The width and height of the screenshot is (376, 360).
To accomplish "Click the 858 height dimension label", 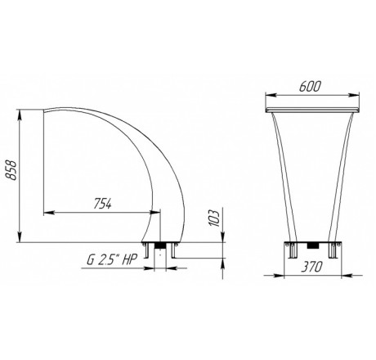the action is coord(11,170).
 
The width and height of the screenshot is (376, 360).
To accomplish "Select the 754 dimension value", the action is coord(103,204).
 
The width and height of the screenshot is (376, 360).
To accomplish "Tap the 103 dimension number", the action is coord(214,218).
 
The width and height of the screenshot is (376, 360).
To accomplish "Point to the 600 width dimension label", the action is coord(310,86).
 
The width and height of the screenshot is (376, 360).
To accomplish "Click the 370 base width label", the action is coord(311,267).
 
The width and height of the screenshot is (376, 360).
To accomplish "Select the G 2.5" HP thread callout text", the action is coord(111,260).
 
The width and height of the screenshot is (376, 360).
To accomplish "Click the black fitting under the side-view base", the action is coord(160,245).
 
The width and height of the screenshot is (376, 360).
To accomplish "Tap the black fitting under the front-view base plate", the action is coord(313,245).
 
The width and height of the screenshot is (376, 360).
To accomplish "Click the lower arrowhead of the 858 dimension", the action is coord(20,236).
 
